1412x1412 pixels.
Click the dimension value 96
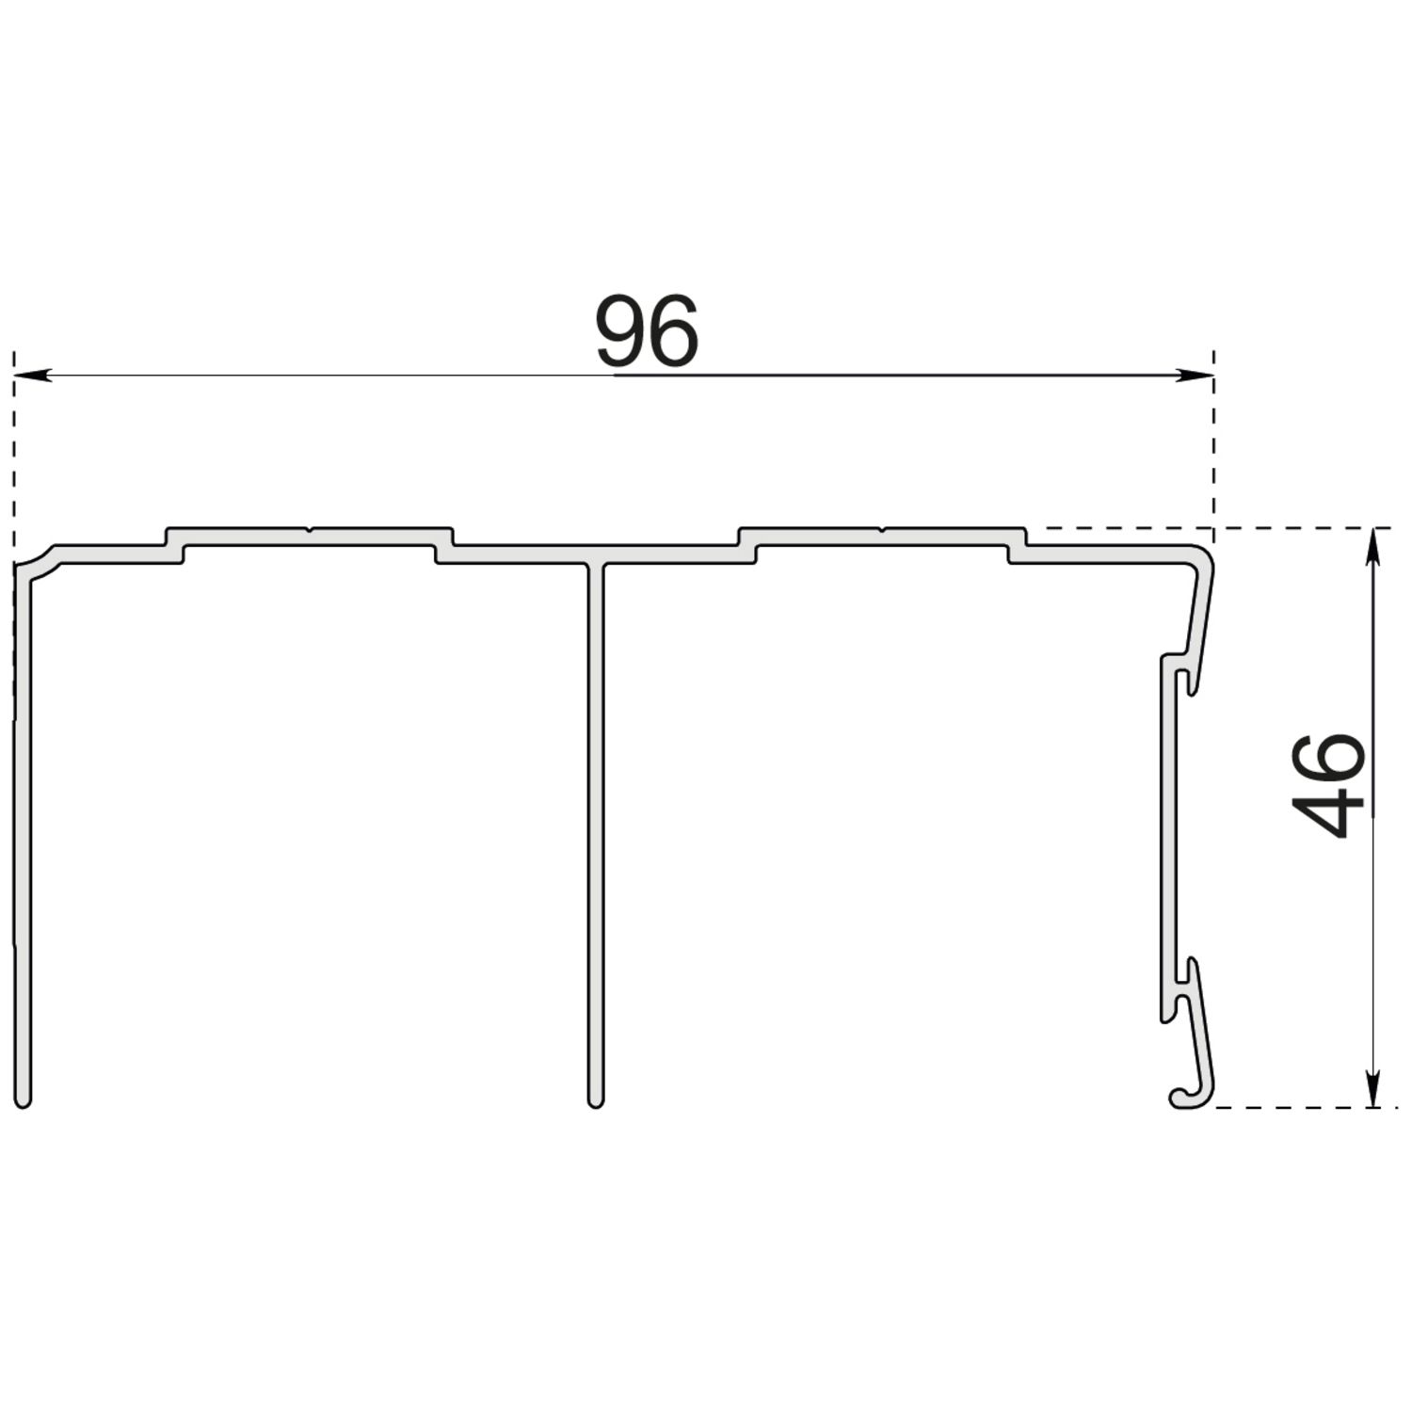pyautogui.click(x=648, y=331)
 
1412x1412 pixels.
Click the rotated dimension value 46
pyautogui.click(x=1328, y=786)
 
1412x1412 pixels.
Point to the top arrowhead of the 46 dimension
pyautogui.click(x=1375, y=542)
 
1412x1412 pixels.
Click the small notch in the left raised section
pyautogui.click(x=310, y=530)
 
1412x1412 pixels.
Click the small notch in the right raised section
pyautogui.click(x=882, y=530)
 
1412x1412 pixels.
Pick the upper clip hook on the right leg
pyautogui.click(x=1186, y=674)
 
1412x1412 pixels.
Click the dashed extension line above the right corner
pyautogui.click(x=1214, y=442)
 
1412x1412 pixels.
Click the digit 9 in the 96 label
pyautogui.click(x=621, y=331)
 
